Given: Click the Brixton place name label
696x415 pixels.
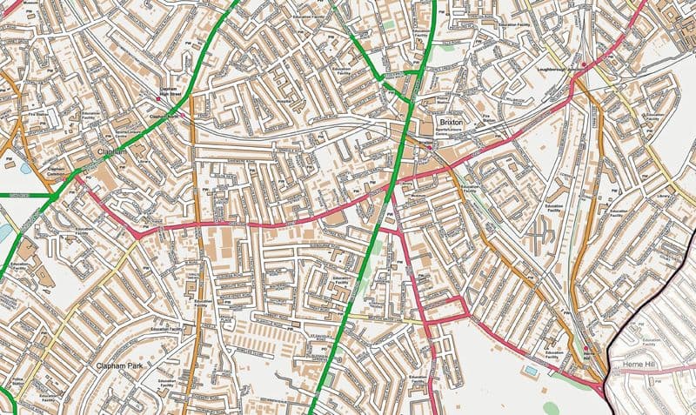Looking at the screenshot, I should tap(450, 123).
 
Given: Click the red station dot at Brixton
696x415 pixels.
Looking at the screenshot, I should tap(429, 147).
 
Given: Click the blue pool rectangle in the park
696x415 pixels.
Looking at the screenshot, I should tap(531, 370).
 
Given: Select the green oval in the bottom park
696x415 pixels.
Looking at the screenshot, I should tap(551, 406).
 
